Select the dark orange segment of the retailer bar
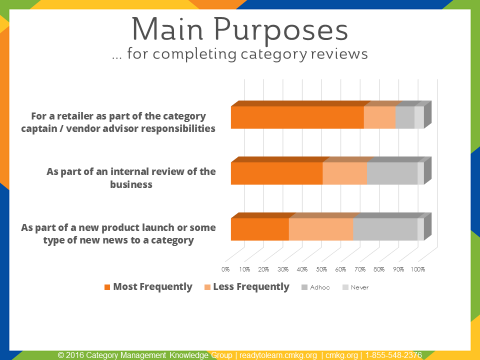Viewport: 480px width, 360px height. (x=296, y=117)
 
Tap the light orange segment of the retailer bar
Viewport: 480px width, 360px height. (x=379, y=117)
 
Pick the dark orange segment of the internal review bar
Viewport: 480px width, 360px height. (x=276, y=173)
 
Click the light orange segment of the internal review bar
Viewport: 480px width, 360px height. (x=345, y=173)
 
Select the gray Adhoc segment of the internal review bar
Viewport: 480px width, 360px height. (x=392, y=173)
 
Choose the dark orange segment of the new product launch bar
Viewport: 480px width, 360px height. (x=259, y=229)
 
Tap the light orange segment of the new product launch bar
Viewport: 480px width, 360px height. (x=321, y=229)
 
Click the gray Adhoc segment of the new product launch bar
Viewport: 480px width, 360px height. (x=385, y=229)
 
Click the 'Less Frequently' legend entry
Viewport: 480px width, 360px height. (x=248, y=287)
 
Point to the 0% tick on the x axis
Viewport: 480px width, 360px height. (x=226, y=269)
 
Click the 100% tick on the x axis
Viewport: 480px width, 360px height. (x=417, y=269)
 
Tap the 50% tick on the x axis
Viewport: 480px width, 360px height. (x=321, y=269)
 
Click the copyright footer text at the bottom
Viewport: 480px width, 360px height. (x=240, y=354)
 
